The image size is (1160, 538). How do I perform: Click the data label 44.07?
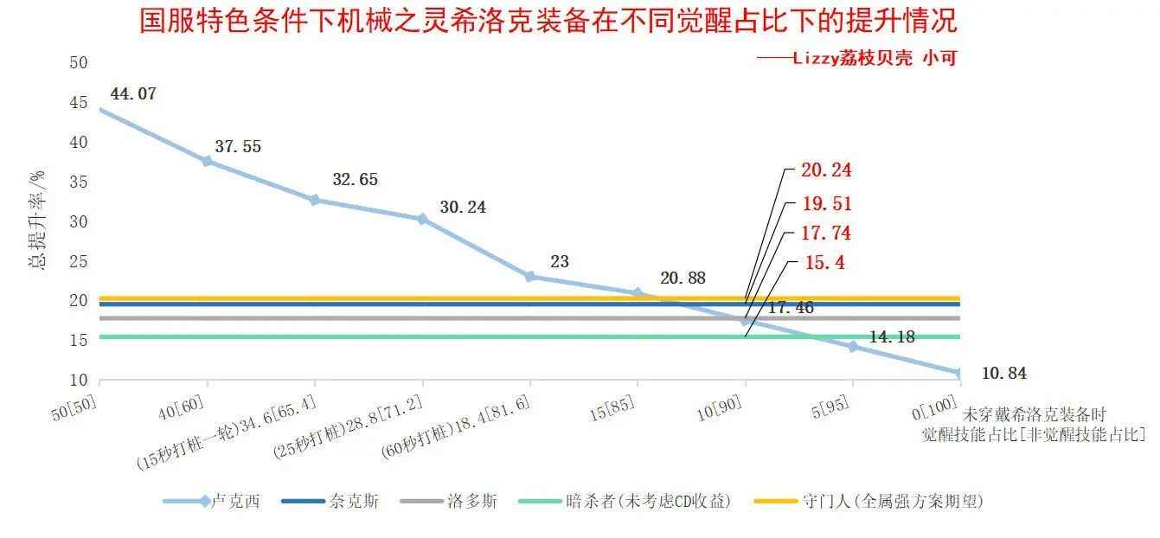(133, 94)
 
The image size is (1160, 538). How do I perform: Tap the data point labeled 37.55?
(207, 161)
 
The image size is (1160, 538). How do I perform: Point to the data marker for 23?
(530, 277)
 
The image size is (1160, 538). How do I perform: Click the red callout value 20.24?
(826, 170)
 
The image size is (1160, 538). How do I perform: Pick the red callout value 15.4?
(825, 262)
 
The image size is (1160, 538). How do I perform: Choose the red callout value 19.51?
(826, 203)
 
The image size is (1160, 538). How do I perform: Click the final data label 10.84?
(1004, 374)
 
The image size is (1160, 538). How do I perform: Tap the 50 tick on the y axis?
(79, 63)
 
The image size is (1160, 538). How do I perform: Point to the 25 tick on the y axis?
(79, 261)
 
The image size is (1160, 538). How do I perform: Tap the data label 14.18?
(892, 337)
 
